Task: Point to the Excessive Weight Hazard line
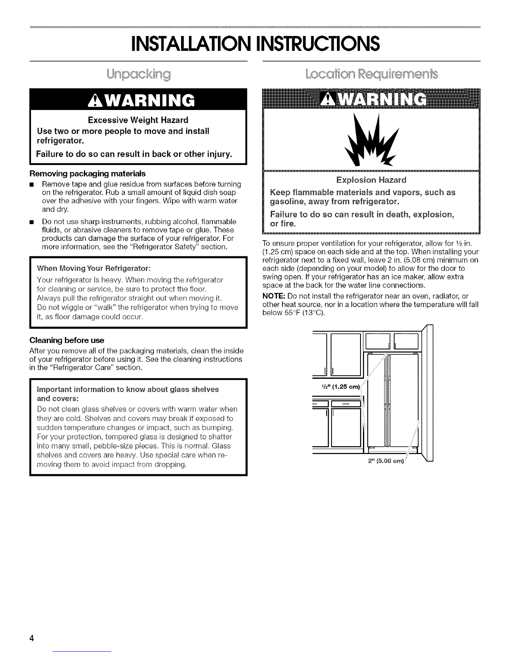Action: click(138, 120)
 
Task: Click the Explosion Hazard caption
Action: click(371, 180)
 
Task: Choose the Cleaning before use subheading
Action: click(67, 340)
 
